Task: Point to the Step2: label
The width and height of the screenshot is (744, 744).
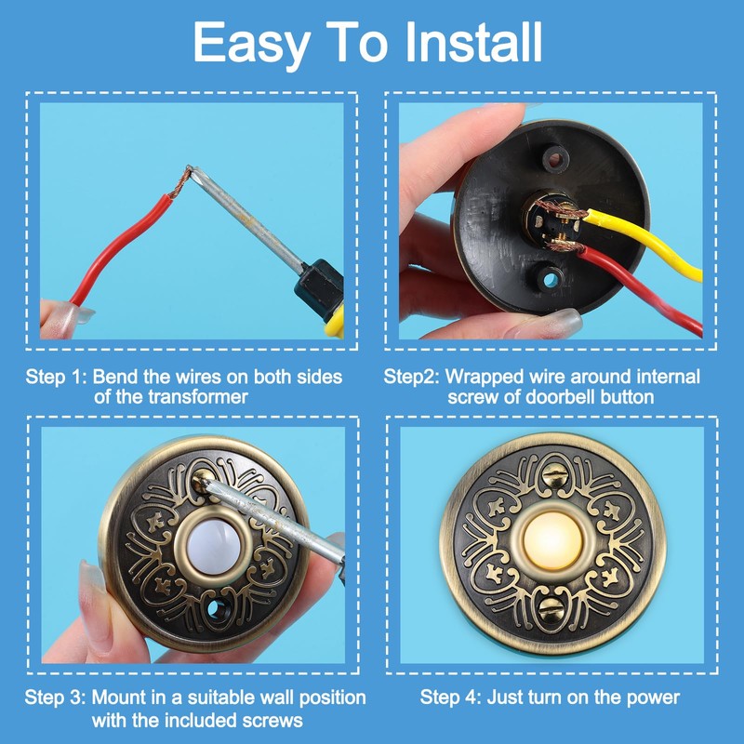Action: pos(412,378)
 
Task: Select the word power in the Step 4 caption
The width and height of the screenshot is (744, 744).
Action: pos(656,697)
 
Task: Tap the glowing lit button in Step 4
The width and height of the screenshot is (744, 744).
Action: pos(555,541)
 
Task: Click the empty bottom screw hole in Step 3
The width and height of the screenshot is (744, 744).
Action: pos(220,614)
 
